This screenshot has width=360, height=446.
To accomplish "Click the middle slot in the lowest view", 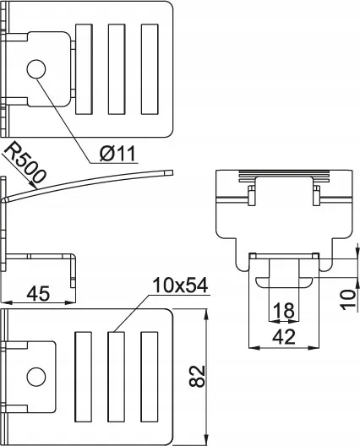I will tap(117, 377).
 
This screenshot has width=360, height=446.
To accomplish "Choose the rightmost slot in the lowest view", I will tap(150, 377).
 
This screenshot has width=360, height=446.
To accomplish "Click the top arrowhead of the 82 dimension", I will tap(207, 315).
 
